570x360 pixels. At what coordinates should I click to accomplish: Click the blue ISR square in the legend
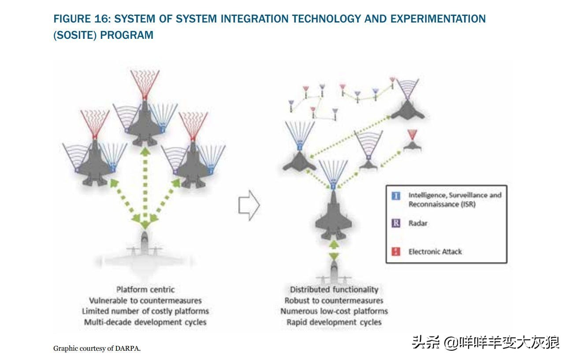396,195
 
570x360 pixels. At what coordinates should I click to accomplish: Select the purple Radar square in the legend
396,223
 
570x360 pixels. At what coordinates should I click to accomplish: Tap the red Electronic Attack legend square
396,251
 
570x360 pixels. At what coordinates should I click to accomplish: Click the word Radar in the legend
418,223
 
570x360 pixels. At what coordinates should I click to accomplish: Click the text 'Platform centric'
145,290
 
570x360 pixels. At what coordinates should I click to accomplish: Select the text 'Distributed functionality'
334,290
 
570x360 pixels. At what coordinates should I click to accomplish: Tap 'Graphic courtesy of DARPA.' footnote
97,349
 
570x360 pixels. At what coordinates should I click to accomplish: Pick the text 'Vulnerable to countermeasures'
145,300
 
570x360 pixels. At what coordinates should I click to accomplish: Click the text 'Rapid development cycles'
334,322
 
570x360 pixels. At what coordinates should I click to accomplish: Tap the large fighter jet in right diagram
334,216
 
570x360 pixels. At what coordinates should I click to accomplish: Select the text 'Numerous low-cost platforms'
334,311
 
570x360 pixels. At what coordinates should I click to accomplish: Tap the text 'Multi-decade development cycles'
145,322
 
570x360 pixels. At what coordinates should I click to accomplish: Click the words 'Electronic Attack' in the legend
435,251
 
